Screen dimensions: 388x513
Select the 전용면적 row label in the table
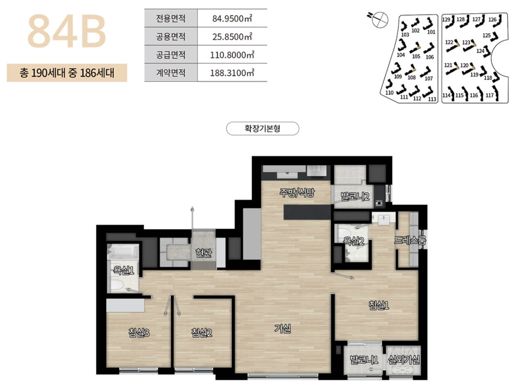tap(171, 19)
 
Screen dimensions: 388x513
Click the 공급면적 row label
tap(171, 55)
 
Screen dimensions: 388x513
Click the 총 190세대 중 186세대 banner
tap(67, 73)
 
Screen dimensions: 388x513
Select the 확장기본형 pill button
tap(262, 129)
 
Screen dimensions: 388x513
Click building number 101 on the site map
tap(431, 32)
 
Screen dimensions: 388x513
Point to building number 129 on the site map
tap(446, 19)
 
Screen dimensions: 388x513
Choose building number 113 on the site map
tap(432, 99)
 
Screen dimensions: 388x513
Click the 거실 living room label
tap(283, 329)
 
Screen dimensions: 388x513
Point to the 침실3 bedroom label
tap(138, 332)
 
